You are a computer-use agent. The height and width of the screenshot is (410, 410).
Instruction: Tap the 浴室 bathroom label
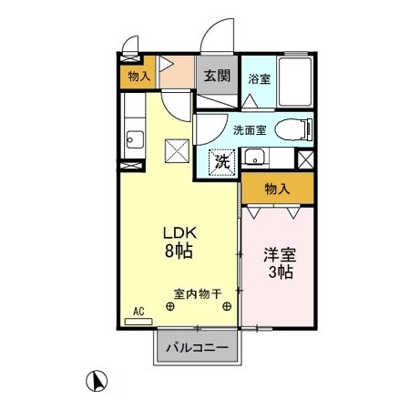click(259, 79)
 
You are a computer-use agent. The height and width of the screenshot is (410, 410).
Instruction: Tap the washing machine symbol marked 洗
click(220, 162)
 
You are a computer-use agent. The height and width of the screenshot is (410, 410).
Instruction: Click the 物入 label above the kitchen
click(138, 77)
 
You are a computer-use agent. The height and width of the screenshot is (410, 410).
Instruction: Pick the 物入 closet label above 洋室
click(277, 189)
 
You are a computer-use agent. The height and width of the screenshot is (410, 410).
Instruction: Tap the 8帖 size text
click(178, 250)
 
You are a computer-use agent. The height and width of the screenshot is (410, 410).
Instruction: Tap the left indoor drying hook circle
click(170, 307)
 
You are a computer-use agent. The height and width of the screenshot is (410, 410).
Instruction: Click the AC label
click(139, 312)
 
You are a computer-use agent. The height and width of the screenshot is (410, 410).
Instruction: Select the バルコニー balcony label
click(198, 348)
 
